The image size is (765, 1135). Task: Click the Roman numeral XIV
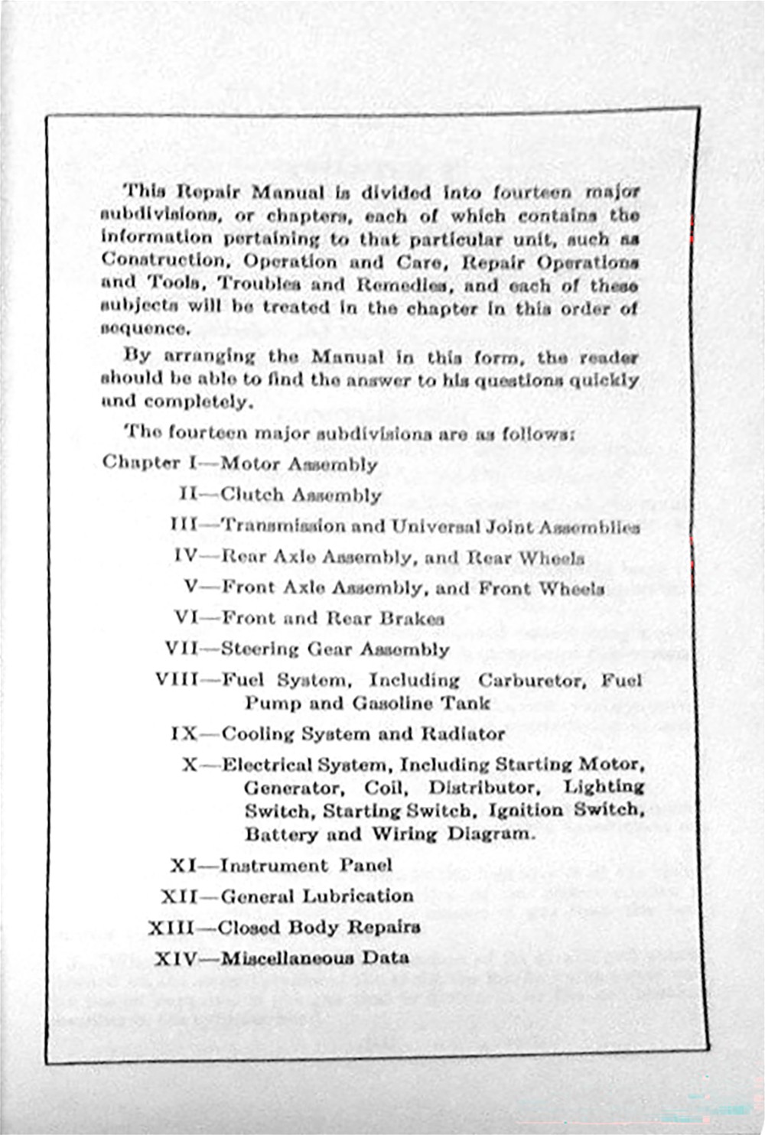175,958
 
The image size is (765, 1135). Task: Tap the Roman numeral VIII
177,680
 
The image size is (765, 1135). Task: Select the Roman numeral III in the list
184,525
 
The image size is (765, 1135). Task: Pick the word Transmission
283,526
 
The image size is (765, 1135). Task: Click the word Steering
260,649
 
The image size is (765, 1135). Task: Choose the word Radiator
462,734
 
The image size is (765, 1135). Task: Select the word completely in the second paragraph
197,402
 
